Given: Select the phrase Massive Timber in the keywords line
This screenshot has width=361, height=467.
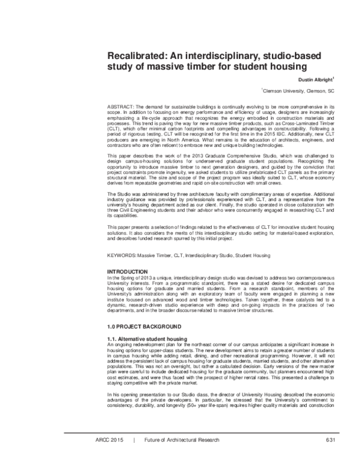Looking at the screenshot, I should click(158, 255).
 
